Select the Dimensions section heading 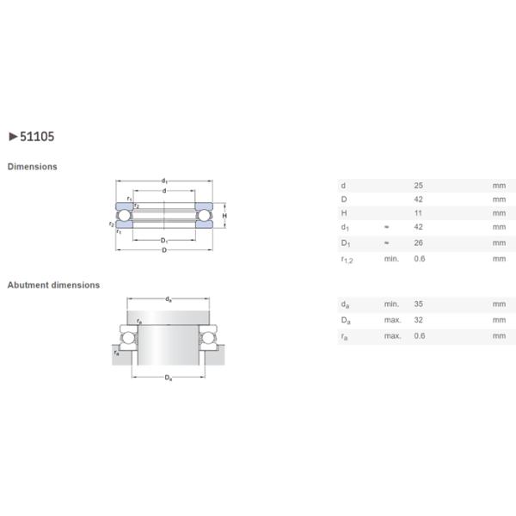(x=33, y=167)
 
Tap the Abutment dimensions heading (x=53, y=285)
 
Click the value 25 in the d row (x=419, y=185)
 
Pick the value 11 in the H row (x=418, y=213)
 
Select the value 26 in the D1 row (x=419, y=243)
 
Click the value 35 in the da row (x=419, y=304)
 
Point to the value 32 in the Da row (x=419, y=319)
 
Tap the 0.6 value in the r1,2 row (x=420, y=258)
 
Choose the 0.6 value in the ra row (x=420, y=335)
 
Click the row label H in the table (x=343, y=213)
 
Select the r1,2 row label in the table (x=347, y=259)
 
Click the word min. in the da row (x=391, y=304)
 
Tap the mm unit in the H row (x=499, y=213)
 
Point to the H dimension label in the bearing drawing (x=224, y=215)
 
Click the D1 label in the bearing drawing (x=163, y=240)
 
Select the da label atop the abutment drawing (x=169, y=299)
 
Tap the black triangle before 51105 (x=12, y=136)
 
